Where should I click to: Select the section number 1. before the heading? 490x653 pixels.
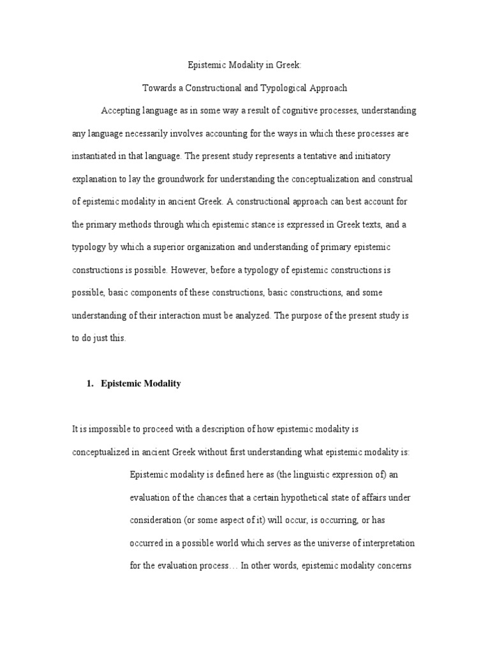tap(90, 384)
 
